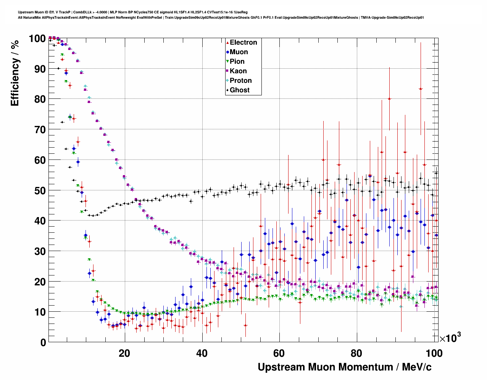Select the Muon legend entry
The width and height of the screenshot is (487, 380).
[239, 52]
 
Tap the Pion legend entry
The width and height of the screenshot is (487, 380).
[237, 61]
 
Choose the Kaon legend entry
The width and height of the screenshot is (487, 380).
[238, 71]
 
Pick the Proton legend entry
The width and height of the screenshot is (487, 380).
[240, 81]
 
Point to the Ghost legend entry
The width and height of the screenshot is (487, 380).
[239, 90]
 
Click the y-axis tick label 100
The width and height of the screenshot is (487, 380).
[37, 39]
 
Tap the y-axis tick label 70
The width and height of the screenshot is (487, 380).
[40, 130]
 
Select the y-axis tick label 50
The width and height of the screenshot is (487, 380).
[40, 190]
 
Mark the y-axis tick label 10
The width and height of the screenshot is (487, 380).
[40, 312]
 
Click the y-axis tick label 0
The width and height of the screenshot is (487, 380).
[43, 342]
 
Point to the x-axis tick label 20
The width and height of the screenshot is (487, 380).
[124, 353]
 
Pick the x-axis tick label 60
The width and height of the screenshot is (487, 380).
[279, 353]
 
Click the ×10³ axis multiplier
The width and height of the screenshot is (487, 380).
[450, 338]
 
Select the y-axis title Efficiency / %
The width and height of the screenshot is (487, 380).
[15, 72]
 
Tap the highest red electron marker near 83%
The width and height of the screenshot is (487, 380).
[421, 89]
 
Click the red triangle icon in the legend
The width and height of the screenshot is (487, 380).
[227, 42]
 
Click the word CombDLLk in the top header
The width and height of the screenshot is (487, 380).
[82, 12]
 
